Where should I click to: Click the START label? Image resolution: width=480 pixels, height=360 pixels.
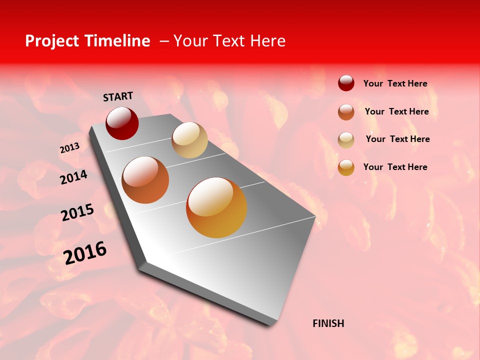click(118, 96)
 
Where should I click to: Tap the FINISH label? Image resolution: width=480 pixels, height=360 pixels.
click(328, 323)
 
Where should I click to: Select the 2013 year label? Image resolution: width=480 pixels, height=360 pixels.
click(69, 148)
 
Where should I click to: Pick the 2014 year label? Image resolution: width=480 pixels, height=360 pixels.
click(73, 177)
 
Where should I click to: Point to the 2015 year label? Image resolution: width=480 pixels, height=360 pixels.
click(77, 212)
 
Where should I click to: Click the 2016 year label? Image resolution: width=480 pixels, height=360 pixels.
click(85, 253)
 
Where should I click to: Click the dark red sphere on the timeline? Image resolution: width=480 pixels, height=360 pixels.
click(122, 123)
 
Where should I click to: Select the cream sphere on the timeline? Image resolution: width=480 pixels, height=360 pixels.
click(189, 140)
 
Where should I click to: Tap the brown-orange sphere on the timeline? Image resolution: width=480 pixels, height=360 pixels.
click(145, 180)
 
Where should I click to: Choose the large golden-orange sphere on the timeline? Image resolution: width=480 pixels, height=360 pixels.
click(216, 207)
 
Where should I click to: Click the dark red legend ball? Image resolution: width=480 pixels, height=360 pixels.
click(346, 83)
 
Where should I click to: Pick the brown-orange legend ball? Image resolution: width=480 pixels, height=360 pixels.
click(346, 112)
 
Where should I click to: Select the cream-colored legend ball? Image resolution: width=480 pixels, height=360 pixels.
click(346, 140)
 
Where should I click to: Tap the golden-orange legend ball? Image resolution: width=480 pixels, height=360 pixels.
click(346, 167)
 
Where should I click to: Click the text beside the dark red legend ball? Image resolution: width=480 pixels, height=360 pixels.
click(395, 83)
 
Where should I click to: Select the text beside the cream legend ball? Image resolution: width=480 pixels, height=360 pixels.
click(397, 139)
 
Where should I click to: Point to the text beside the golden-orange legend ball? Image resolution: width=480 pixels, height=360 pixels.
click(395, 167)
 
